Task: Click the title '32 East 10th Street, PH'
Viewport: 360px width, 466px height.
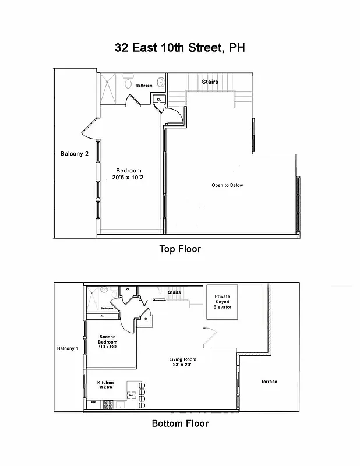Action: pyautogui.click(x=179, y=48)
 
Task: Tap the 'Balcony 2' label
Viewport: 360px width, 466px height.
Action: pyautogui.click(x=75, y=154)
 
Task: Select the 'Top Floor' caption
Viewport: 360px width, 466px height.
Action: pyautogui.click(x=180, y=249)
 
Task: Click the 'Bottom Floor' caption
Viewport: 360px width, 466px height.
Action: pyautogui.click(x=180, y=423)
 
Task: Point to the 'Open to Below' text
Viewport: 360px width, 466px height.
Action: pyautogui.click(x=227, y=185)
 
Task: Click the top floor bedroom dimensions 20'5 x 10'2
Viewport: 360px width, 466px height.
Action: pyautogui.click(x=129, y=178)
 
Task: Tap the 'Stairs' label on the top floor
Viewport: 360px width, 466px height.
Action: pyautogui.click(x=210, y=82)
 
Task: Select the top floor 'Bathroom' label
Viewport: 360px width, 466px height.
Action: pyautogui.click(x=144, y=86)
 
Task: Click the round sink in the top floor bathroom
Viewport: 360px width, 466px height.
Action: pyautogui.click(x=161, y=82)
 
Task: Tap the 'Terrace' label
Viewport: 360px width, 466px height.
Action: pyautogui.click(x=269, y=382)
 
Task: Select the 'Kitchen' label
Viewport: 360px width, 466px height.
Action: pyautogui.click(x=105, y=384)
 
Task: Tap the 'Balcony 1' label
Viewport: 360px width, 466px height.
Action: pyautogui.click(x=66, y=348)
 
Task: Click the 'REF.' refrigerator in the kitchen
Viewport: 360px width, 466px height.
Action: pyautogui.click(x=93, y=403)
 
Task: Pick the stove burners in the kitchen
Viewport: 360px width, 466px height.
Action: pyautogui.click(x=108, y=403)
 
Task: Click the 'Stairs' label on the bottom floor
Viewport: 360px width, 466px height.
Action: pyautogui.click(x=174, y=292)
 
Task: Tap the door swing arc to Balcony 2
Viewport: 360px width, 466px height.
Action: pyautogui.click(x=87, y=130)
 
